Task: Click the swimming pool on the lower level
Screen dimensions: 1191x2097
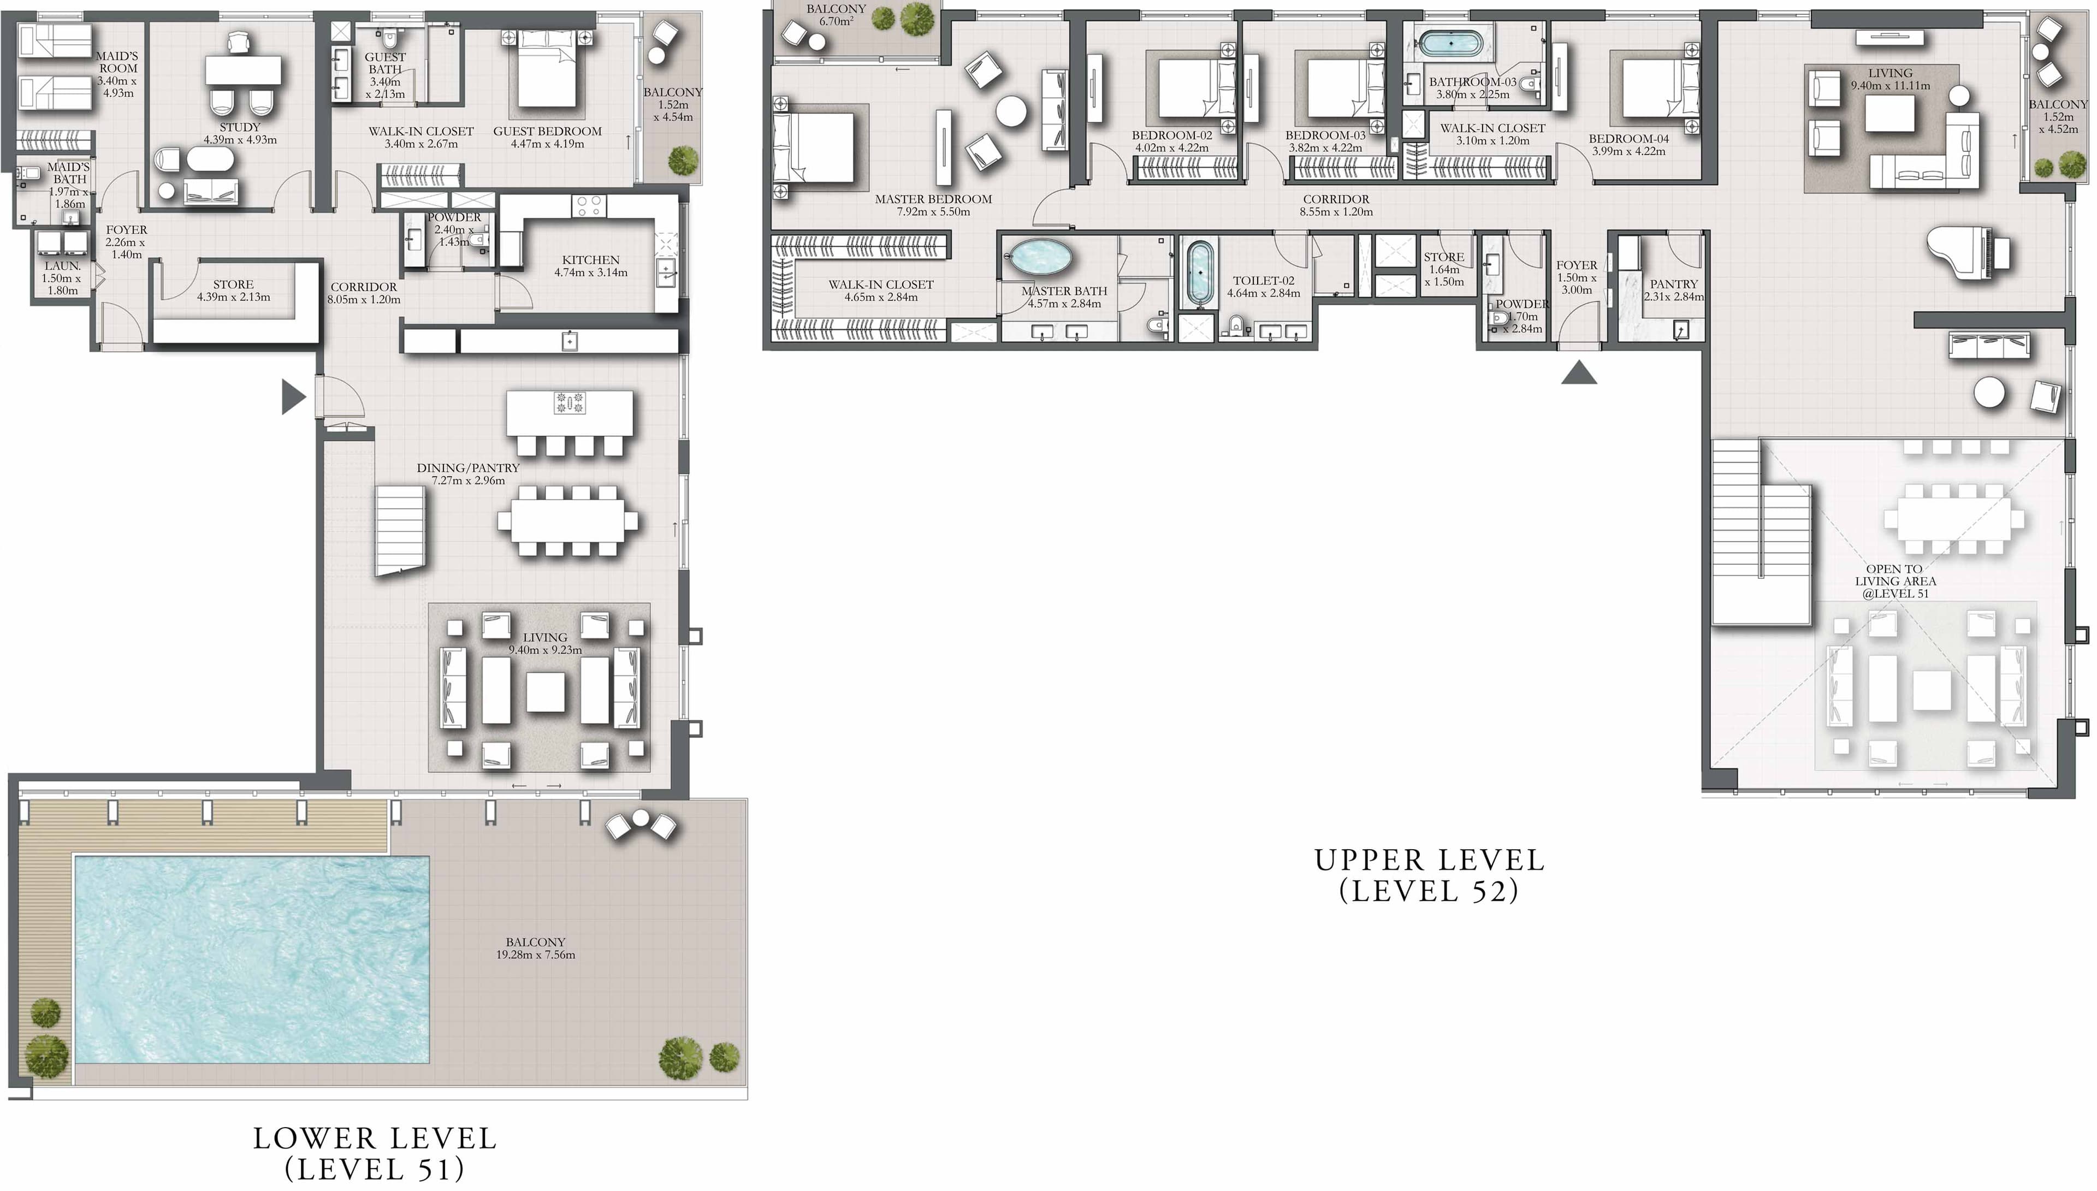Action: [251, 958]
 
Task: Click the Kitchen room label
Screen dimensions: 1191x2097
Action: [590, 260]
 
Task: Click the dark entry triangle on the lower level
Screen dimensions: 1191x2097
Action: [292, 398]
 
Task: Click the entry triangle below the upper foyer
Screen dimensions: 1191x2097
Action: [1578, 375]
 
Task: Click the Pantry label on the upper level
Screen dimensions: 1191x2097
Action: [1673, 284]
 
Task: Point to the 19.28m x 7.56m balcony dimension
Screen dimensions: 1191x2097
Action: [536, 955]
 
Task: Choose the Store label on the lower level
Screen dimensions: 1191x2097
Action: [233, 285]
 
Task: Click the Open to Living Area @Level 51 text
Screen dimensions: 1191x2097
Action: [1895, 581]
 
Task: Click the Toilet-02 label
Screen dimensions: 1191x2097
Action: [1263, 281]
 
